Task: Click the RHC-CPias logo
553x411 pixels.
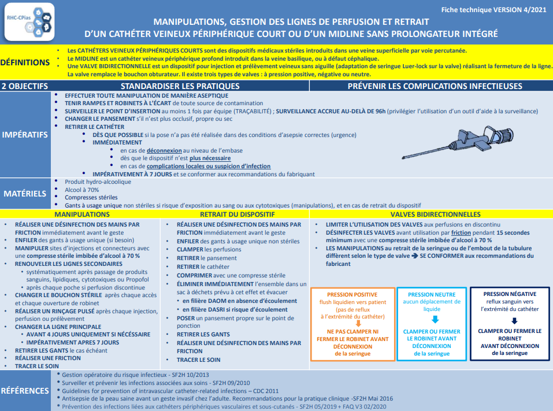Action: click(x=29, y=22)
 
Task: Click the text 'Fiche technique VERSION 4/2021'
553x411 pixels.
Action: click(x=493, y=10)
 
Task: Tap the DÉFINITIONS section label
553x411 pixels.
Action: click(x=25, y=62)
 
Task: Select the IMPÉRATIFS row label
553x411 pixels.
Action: click(x=25, y=135)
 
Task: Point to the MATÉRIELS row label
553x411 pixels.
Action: click(x=25, y=193)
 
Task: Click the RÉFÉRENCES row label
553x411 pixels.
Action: click(x=25, y=391)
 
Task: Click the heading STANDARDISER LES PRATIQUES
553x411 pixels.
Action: click(x=180, y=86)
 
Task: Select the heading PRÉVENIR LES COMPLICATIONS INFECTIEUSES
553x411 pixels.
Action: click(x=435, y=86)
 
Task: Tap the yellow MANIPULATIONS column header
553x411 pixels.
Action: click(x=82, y=214)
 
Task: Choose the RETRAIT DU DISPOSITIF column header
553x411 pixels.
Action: click(x=237, y=214)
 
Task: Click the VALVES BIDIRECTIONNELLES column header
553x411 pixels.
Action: click(x=435, y=214)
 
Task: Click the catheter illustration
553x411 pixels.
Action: click(x=458, y=142)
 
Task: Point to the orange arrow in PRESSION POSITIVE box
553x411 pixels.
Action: click(x=358, y=323)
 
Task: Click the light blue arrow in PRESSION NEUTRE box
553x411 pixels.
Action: click(x=435, y=319)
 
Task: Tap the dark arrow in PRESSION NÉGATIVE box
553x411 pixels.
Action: click(x=514, y=321)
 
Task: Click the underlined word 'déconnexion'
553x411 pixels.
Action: click(x=164, y=151)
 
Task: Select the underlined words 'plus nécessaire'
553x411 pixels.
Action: click(x=210, y=158)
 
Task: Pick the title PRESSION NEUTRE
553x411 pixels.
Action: click(x=432, y=295)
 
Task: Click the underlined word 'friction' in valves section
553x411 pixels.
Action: click(x=461, y=233)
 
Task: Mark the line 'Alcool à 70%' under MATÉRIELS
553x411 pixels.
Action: click(x=82, y=190)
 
